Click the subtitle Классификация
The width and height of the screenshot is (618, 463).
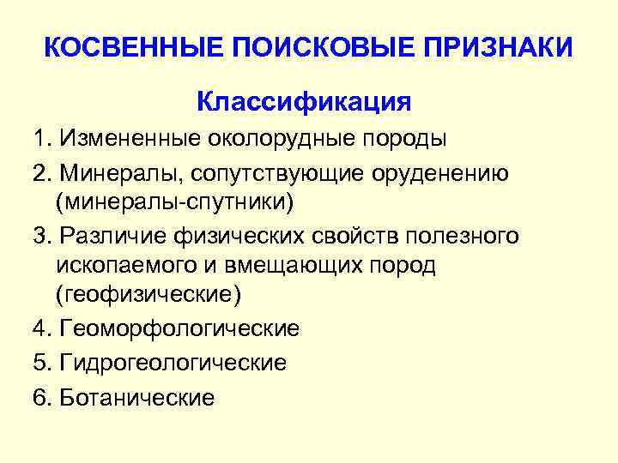(304, 102)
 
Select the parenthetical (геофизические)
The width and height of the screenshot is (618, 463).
(148, 295)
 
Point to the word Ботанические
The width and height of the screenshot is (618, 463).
(138, 398)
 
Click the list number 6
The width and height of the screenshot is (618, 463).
(40, 398)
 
